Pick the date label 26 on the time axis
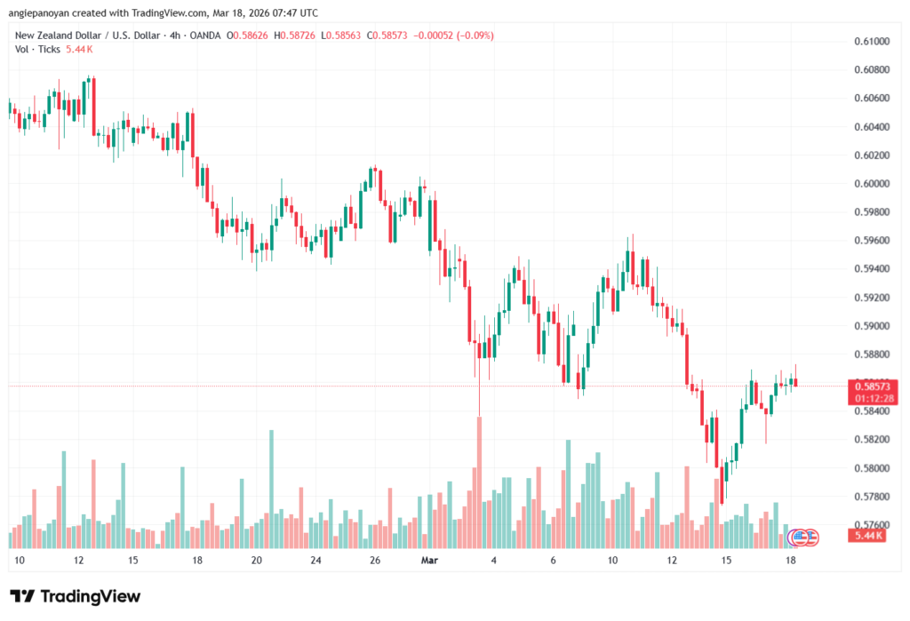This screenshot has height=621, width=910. click(x=375, y=561)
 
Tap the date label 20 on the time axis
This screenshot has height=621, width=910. click(x=256, y=561)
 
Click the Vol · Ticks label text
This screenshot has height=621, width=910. click(x=36, y=49)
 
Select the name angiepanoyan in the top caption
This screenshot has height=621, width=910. click(x=40, y=12)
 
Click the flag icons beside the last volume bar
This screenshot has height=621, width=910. click(x=803, y=537)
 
